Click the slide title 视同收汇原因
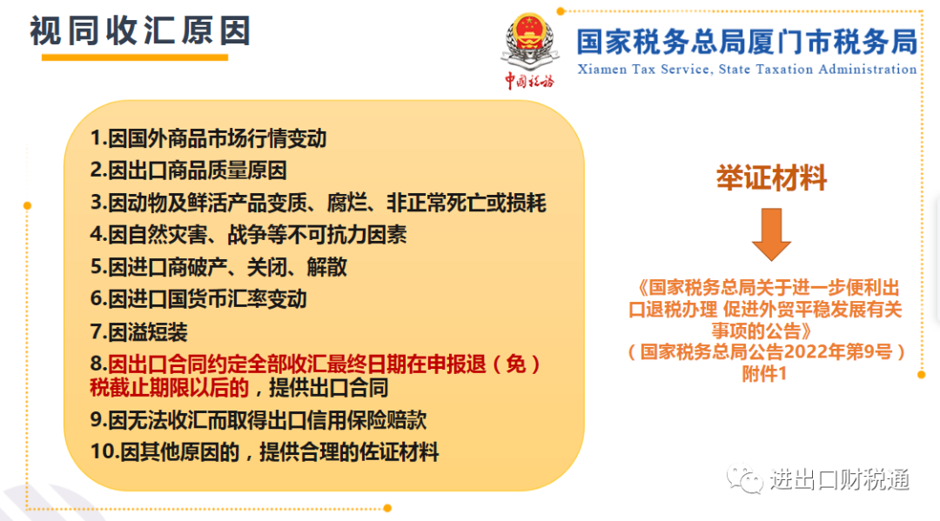pyautogui.click(x=139, y=30)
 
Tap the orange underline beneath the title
pyautogui.click(x=135, y=57)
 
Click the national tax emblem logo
pyautogui.click(x=530, y=42)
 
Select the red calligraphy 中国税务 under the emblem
pyautogui.click(x=529, y=80)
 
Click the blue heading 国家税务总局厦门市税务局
pyautogui.click(x=747, y=42)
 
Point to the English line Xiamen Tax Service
pyautogui.click(x=747, y=70)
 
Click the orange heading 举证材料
pyautogui.click(x=771, y=177)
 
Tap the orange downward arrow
pyautogui.click(x=771, y=234)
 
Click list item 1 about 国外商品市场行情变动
pyautogui.click(x=209, y=138)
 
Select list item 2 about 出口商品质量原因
pyautogui.click(x=188, y=170)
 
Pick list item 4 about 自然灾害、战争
pyautogui.click(x=248, y=234)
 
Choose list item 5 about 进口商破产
pyautogui.click(x=218, y=266)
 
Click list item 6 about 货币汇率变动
pyautogui.click(x=198, y=298)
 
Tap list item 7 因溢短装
pyautogui.click(x=138, y=331)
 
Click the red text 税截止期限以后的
pyautogui.click(x=169, y=388)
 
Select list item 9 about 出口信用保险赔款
pyautogui.click(x=258, y=420)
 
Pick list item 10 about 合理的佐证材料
pyautogui.click(x=265, y=451)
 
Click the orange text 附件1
pyautogui.click(x=764, y=374)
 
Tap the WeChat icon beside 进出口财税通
pyautogui.click(x=744, y=478)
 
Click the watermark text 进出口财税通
pyautogui.click(x=840, y=479)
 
